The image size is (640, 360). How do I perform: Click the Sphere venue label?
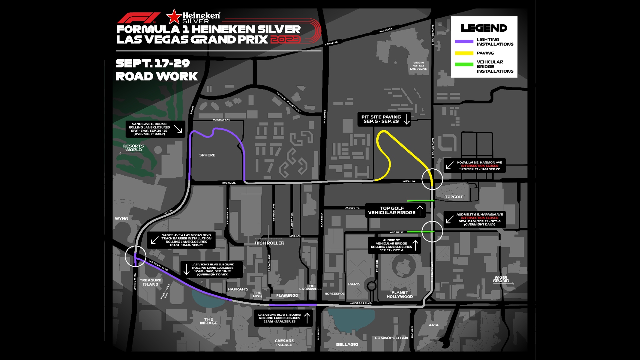pyautogui.click(x=207, y=155)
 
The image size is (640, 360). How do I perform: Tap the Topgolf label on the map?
pyautogui.click(x=454, y=197)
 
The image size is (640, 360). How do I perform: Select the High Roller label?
pyautogui.click(x=269, y=243)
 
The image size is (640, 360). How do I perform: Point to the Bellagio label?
pyautogui.click(x=347, y=345)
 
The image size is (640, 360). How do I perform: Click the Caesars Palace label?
pyautogui.click(x=284, y=343)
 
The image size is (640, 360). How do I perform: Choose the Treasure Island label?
pyautogui.click(x=151, y=282)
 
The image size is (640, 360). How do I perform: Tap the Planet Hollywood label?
pyautogui.click(x=400, y=295)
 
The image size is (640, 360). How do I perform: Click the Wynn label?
pyautogui.click(x=122, y=219)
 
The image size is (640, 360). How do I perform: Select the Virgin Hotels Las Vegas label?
pyautogui.click(x=418, y=66)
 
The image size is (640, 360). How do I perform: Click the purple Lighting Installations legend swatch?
pyautogui.click(x=464, y=42)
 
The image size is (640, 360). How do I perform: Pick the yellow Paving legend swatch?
pyautogui.click(x=464, y=53)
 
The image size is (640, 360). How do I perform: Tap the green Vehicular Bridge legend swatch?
pyautogui.click(x=464, y=65)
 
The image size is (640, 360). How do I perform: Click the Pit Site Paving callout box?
pyautogui.click(x=384, y=119)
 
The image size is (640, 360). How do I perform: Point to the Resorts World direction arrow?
pyautogui.click(x=131, y=153)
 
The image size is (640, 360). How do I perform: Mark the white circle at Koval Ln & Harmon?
pyautogui.click(x=432, y=179)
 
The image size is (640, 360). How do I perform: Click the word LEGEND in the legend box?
pyautogui.click(x=484, y=28)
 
